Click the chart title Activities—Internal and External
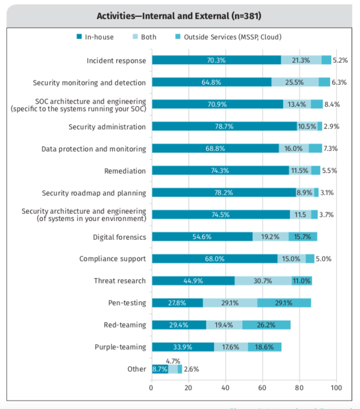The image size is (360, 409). click(x=179, y=15)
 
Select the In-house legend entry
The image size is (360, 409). click(x=95, y=37)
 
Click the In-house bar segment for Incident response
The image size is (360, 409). click(x=216, y=61)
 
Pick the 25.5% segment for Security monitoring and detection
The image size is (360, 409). click(x=294, y=83)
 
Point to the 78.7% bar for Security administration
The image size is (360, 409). click(x=224, y=127)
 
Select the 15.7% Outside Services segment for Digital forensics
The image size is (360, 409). click(x=302, y=236)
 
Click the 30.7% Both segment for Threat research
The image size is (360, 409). click(x=263, y=281)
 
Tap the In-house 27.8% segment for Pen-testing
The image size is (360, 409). click(x=177, y=303)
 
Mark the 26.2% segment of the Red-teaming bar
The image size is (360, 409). click(x=266, y=325)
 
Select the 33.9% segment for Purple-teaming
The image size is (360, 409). click(x=182, y=347)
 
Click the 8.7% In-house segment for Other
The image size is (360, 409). click(x=160, y=369)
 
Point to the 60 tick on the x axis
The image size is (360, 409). click(x=262, y=388)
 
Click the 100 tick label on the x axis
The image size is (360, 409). click(x=336, y=388)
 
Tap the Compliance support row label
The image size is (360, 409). click(x=113, y=259)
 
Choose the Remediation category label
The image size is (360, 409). click(x=125, y=171)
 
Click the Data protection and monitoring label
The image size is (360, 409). click(x=94, y=149)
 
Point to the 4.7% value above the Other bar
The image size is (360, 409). click(x=173, y=360)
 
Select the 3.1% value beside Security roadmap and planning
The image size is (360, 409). click(x=327, y=193)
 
